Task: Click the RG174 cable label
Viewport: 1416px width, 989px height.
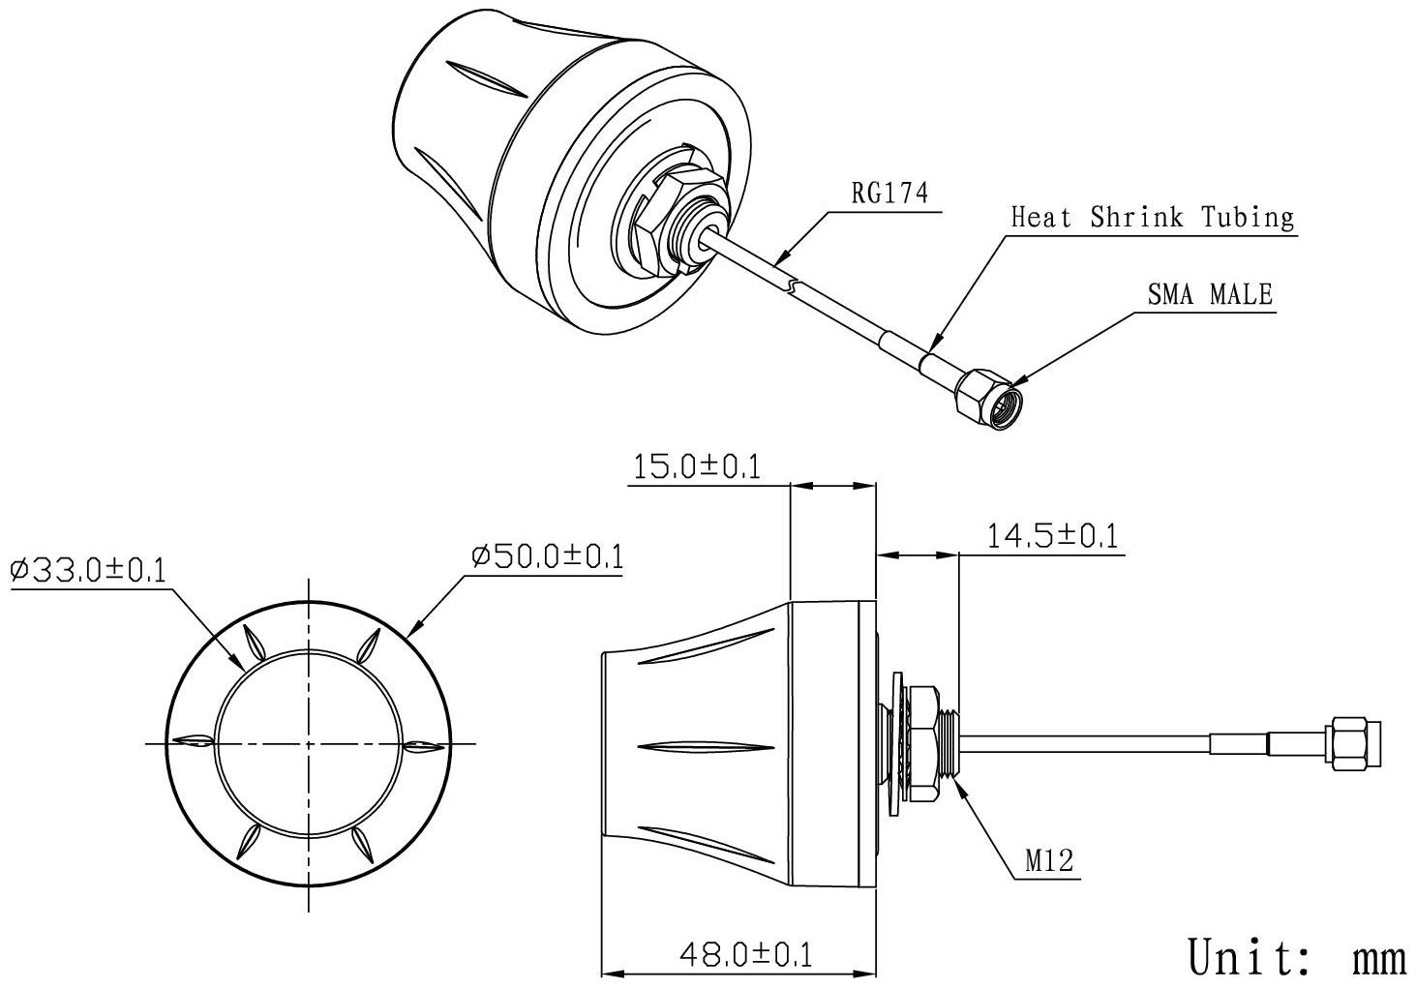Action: click(x=889, y=194)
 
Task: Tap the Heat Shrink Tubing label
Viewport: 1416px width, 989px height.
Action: click(x=1153, y=218)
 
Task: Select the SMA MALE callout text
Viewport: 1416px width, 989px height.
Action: click(x=1210, y=294)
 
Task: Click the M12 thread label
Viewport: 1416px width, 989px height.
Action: click(x=1049, y=860)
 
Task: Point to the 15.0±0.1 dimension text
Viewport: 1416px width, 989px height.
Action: click(x=697, y=467)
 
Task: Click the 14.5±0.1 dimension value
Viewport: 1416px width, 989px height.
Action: click(x=1052, y=536)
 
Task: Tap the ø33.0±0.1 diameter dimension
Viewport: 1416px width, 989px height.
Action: click(x=88, y=571)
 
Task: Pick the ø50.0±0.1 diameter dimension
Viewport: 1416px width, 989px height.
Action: click(x=548, y=556)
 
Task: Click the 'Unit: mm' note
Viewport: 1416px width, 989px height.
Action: click(x=1297, y=957)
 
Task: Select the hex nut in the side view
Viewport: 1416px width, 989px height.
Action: click(x=921, y=743)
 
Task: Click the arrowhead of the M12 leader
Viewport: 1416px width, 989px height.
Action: click(x=961, y=783)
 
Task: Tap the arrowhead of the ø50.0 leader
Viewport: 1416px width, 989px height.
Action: click(x=414, y=629)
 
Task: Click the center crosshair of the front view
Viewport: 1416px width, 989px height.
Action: click(x=309, y=744)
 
